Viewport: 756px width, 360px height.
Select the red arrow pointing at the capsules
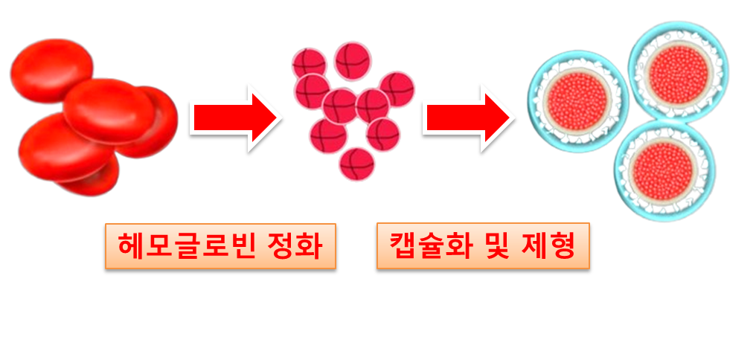[x=467, y=117]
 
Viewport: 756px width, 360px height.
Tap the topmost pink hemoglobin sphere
[x=352, y=60]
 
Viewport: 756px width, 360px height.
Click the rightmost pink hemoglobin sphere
[x=397, y=89]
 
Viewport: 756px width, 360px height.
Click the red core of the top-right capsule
[x=677, y=71]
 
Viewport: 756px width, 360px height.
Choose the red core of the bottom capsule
[x=664, y=170]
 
